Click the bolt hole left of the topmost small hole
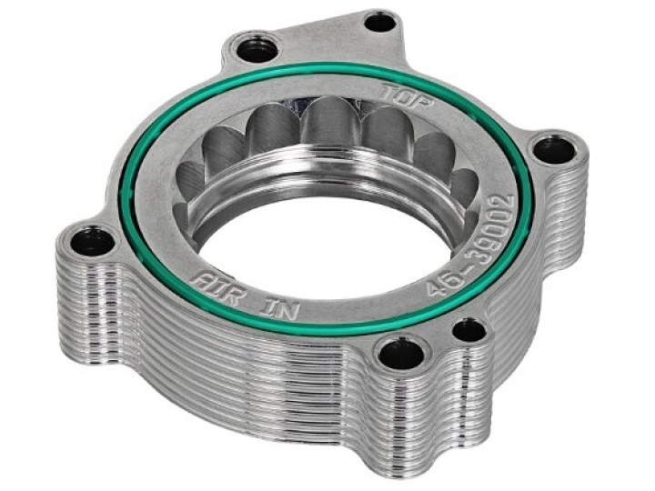click(x=257, y=48)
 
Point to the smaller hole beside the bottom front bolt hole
click(x=469, y=330)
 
